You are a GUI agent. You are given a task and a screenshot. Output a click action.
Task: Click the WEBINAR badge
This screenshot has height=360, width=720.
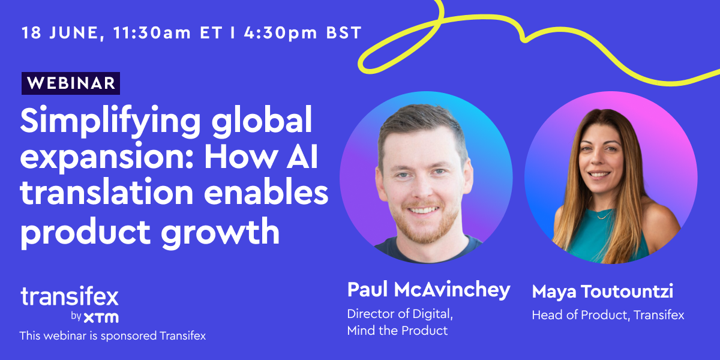point(71,83)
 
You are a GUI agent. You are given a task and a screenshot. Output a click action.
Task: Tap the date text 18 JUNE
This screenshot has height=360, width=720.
point(57,32)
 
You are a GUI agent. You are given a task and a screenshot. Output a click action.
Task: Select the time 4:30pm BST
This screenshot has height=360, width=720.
point(303,32)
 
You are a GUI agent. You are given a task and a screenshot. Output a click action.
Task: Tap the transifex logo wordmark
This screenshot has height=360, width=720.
point(70,297)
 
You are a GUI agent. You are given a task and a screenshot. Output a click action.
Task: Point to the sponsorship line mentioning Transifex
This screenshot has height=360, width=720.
point(112,336)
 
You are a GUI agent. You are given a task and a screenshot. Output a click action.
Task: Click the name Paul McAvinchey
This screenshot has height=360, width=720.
point(428,290)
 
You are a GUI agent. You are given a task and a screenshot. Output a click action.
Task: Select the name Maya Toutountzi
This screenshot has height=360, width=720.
point(602,292)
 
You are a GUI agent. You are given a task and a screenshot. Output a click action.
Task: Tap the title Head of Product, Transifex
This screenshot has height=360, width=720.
point(608,315)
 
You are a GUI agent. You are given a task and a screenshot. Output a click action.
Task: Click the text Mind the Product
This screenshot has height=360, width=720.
point(397,331)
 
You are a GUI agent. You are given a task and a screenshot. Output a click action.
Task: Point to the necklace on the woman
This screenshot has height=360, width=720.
point(605,214)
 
